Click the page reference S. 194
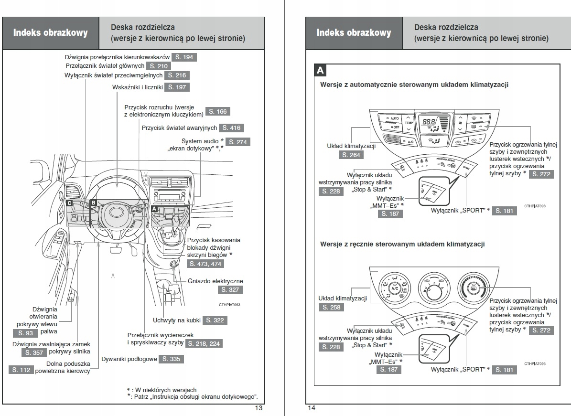click(184, 57)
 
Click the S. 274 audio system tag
click(237, 142)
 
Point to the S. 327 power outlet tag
click(230, 290)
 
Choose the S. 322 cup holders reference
click(215, 320)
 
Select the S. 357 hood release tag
click(34, 352)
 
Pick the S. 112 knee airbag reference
click(22, 370)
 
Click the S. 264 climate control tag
click(351, 155)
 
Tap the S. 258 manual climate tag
click(331, 307)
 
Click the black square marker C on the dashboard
click(69, 203)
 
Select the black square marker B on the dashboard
click(94, 203)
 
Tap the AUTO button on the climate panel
click(394, 118)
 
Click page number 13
click(259, 408)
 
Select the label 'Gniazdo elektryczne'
click(215, 281)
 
